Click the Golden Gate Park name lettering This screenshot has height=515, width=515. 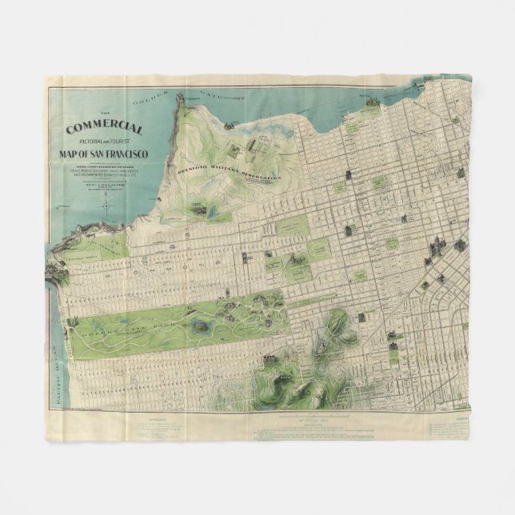click(x=120, y=320)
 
